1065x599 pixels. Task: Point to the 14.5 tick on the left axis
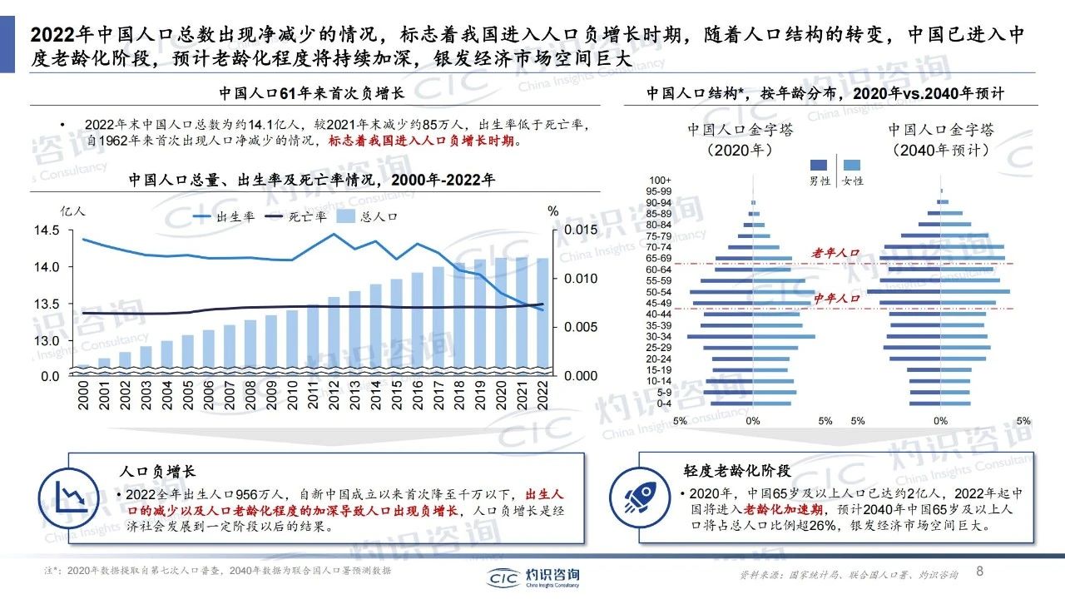coord(48,230)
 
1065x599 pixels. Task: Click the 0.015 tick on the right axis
coord(580,230)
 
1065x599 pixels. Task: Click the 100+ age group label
coord(661,181)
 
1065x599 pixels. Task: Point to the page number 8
coord(979,572)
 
